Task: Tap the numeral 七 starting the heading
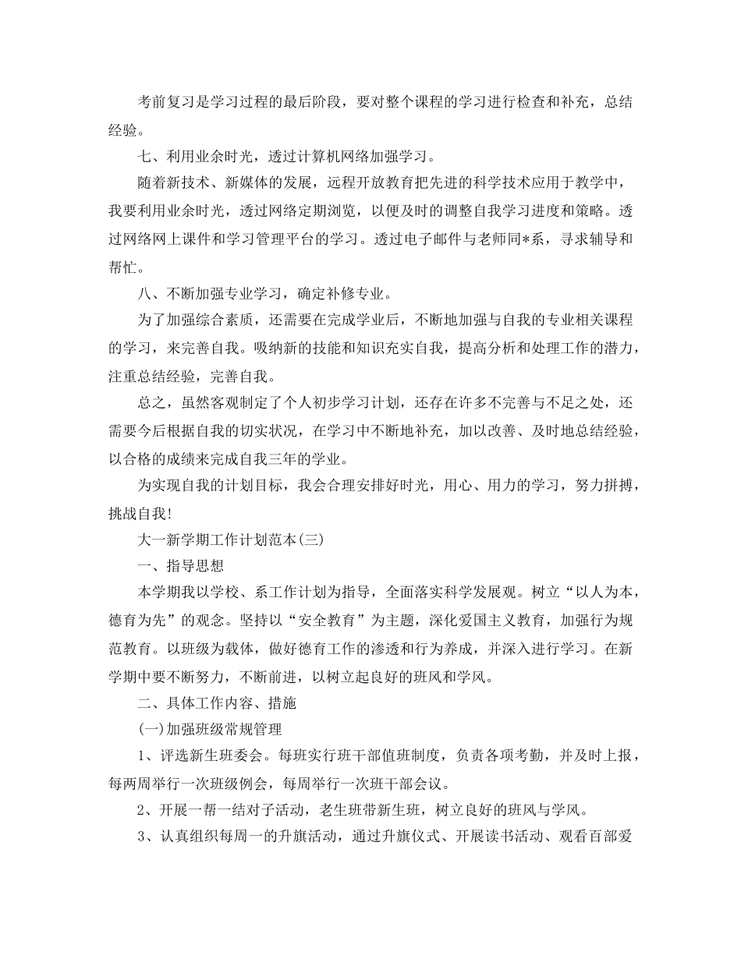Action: coord(144,155)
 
